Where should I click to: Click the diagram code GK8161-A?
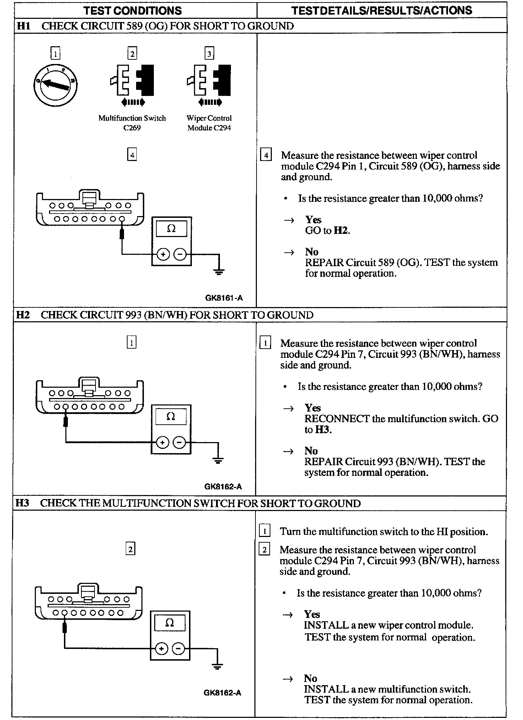[224, 298]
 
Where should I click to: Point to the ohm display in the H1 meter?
[171, 229]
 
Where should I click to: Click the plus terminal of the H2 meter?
[162, 442]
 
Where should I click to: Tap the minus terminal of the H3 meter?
[178, 649]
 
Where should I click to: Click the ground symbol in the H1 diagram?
[219, 272]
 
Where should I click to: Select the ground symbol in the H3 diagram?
[217, 666]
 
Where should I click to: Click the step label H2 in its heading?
[23, 315]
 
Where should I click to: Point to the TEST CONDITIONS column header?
[133, 11]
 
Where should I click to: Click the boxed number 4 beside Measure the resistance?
[266, 155]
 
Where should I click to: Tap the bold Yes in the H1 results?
[313, 220]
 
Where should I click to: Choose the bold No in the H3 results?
[310, 678]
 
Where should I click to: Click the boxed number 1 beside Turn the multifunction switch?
[265, 531]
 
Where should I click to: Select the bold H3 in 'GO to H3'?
[323, 430]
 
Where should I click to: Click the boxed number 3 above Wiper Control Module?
[209, 54]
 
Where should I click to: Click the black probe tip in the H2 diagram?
[65, 421]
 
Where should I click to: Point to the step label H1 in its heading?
[23, 26]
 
